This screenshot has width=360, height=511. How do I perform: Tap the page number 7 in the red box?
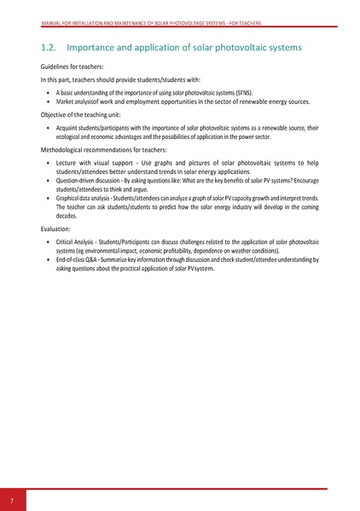point(12,499)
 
